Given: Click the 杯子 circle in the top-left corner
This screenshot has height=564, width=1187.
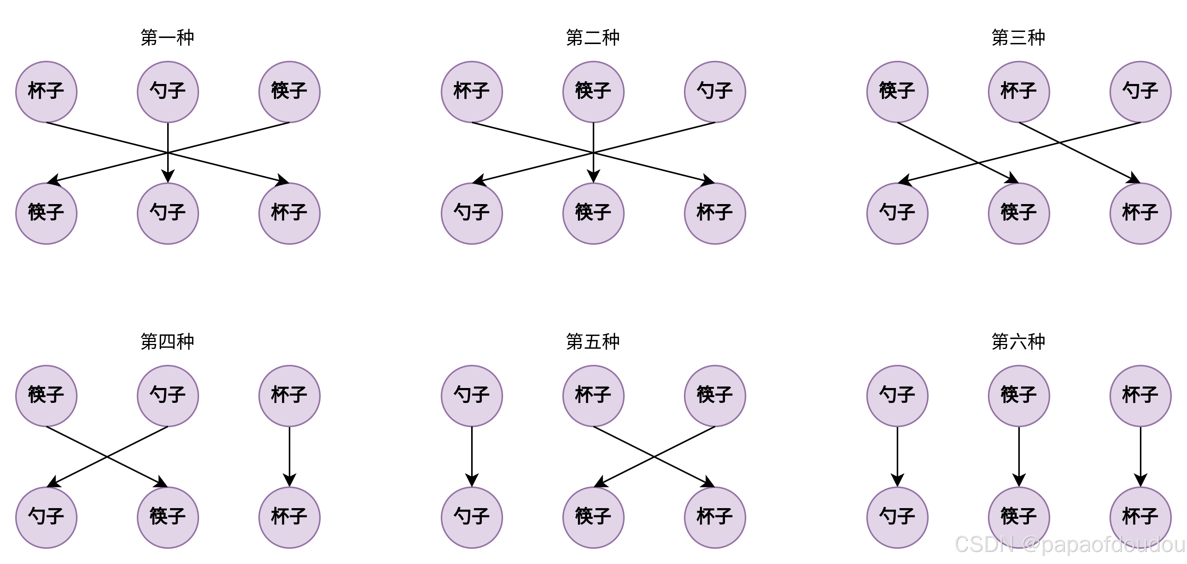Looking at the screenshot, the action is (x=46, y=92).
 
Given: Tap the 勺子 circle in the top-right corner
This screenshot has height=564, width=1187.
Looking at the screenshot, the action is (x=1140, y=92).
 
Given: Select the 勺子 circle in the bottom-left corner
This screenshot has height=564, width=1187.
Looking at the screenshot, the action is (x=46, y=517).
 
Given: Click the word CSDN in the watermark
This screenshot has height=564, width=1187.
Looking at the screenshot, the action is (x=983, y=544).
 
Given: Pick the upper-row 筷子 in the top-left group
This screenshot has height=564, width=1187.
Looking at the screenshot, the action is (x=289, y=92).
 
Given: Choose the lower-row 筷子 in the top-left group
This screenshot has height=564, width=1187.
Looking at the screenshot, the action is (x=46, y=213).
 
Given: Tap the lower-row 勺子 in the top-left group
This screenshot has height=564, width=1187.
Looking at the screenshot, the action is (x=168, y=213).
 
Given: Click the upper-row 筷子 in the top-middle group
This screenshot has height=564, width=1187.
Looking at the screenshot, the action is (x=593, y=92).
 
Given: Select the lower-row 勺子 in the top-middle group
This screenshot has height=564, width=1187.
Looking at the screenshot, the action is (x=472, y=213).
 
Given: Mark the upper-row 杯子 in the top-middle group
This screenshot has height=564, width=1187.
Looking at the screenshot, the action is (x=472, y=92).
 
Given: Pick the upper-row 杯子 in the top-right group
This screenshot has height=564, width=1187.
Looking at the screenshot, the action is (x=1018, y=92).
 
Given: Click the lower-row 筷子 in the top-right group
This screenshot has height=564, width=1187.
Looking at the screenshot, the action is (x=1018, y=213).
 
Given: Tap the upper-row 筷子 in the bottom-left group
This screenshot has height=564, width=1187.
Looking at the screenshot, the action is (x=46, y=396).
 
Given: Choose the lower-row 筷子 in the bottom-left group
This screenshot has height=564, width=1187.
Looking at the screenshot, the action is (x=168, y=517).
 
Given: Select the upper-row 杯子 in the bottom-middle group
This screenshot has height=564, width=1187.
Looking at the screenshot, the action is (x=593, y=396).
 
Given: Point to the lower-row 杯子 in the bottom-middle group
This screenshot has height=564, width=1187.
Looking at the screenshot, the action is (x=715, y=517).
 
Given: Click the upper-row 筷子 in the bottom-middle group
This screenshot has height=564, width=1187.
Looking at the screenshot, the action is (x=715, y=396).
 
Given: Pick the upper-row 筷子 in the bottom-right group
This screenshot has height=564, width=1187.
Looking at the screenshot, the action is (x=1018, y=396).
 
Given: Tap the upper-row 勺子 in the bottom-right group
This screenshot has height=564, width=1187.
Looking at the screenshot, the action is (x=897, y=396).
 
